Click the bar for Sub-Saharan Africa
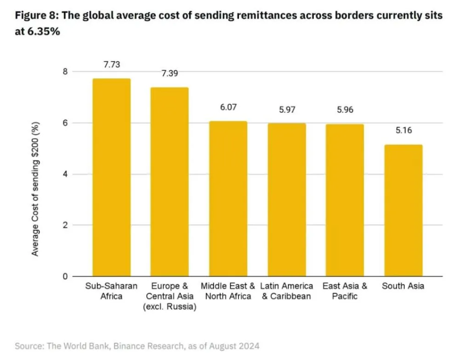(111, 177)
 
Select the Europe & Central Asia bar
(169, 181)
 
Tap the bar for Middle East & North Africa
(228, 199)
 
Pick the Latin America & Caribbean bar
(286, 200)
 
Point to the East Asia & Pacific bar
(344, 200)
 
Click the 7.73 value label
(111, 64)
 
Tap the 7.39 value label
(170, 73)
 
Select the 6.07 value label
(228, 107)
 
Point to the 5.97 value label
(288, 110)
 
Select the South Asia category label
(403, 286)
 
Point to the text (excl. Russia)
(170, 307)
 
